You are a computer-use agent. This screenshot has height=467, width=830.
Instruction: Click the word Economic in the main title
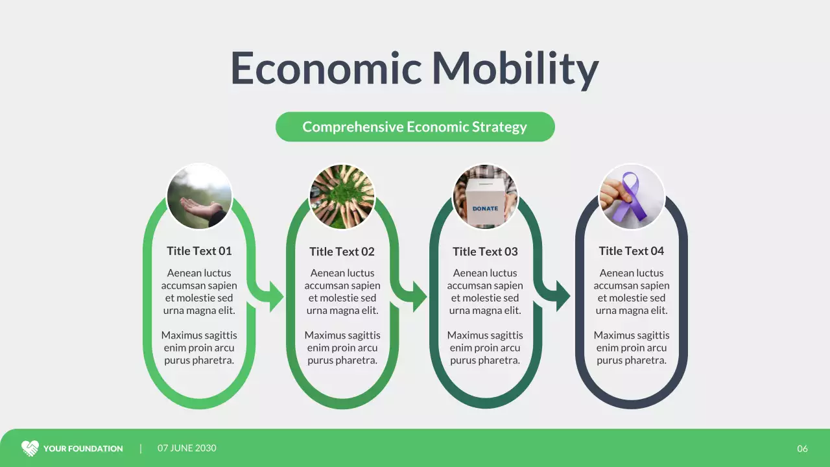(326, 68)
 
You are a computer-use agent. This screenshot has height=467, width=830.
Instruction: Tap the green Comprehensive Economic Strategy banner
(415, 126)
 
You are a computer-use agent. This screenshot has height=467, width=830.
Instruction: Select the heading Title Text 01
(199, 251)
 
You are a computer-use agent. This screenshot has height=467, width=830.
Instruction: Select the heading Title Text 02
(342, 252)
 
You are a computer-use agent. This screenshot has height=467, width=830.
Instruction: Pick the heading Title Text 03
(485, 252)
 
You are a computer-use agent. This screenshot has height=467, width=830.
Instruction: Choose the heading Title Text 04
(632, 251)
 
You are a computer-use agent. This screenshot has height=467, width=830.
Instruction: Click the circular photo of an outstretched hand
(199, 197)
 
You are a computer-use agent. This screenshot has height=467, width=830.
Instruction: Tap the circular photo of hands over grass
(342, 197)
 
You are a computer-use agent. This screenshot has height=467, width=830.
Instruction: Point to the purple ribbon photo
(632, 197)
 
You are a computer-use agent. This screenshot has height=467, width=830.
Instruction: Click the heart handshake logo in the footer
(30, 448)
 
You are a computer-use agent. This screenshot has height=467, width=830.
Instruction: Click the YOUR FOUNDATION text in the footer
(83, 449)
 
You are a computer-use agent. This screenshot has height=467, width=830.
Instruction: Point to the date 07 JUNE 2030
(187, 448)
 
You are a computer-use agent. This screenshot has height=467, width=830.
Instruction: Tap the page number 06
(803, 449)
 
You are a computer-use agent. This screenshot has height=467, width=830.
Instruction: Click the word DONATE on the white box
(485, 208)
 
